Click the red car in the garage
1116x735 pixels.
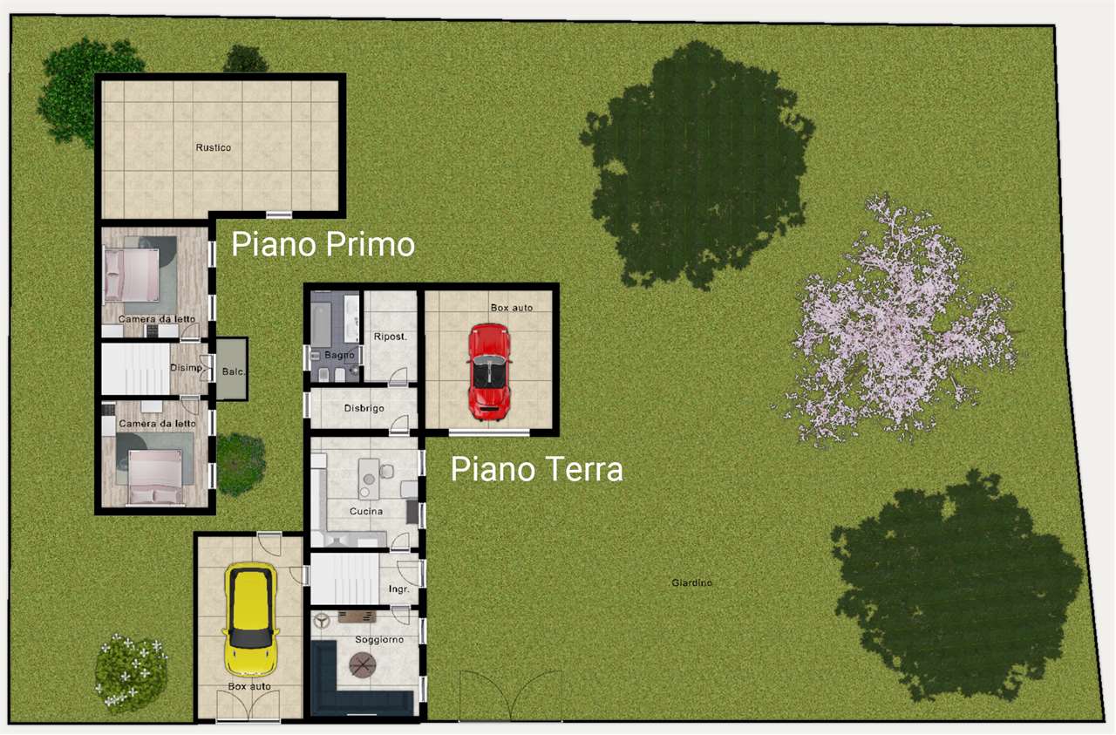pos(489,371)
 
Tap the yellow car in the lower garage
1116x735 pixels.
pos(250,620)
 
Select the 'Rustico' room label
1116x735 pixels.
pos(214,148)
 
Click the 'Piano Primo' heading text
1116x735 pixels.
pos(323,245)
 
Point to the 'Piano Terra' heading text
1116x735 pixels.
pos(536,470)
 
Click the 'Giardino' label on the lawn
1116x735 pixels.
pos(692,582)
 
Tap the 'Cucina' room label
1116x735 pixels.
pos(366,512)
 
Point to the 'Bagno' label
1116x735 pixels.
pos(339,356)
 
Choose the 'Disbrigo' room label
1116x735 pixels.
pos(364,408)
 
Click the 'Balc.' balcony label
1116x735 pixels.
pos(233,371)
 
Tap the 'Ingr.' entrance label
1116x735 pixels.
pos(398,589)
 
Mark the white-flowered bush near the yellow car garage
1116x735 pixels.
pos(131,672)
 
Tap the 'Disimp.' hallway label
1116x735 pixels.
pos(187,368)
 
